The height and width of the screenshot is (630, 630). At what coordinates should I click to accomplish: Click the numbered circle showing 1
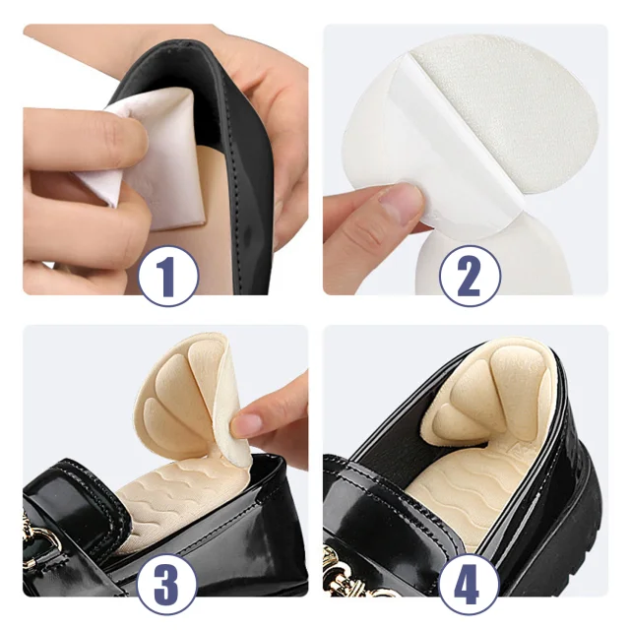(x=168, y=276)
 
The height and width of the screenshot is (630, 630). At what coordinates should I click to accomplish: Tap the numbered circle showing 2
(x=469, y=276)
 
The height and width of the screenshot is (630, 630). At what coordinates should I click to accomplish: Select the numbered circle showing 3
(x=167, y=584)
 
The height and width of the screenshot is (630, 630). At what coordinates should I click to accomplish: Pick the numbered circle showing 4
(x=469, y=584)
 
